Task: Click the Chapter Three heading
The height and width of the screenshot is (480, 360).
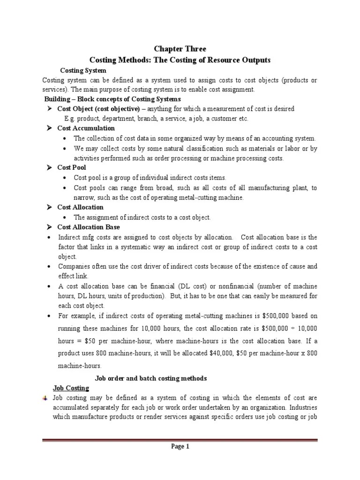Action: [x=180, y=49]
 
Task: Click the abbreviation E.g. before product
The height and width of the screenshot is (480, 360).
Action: [x=71, y=119]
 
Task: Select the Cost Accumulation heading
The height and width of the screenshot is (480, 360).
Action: [x=86, y=128]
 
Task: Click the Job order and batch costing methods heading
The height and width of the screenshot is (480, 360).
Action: [x=150, y=378]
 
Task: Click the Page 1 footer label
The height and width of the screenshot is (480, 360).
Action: [x=180, y=447]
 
